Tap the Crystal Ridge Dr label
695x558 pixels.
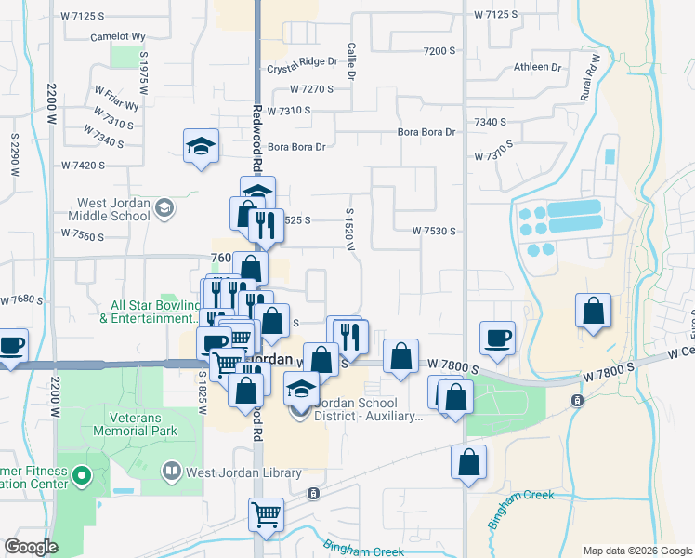point(302,61)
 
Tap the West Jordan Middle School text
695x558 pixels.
point(113,209)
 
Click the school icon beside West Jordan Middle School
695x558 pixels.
point(165,206)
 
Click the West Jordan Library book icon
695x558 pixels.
point(170,472)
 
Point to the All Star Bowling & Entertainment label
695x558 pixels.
point(153,311)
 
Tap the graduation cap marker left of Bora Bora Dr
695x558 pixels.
point(201,146)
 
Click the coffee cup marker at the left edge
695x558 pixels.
point(11,346)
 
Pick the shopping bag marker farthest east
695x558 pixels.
point(593,312)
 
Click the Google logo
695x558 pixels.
point(31,547)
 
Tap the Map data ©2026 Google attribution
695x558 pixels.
point(636,551)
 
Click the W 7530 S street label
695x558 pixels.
point(440,231)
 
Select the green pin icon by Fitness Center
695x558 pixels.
point(81,478)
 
